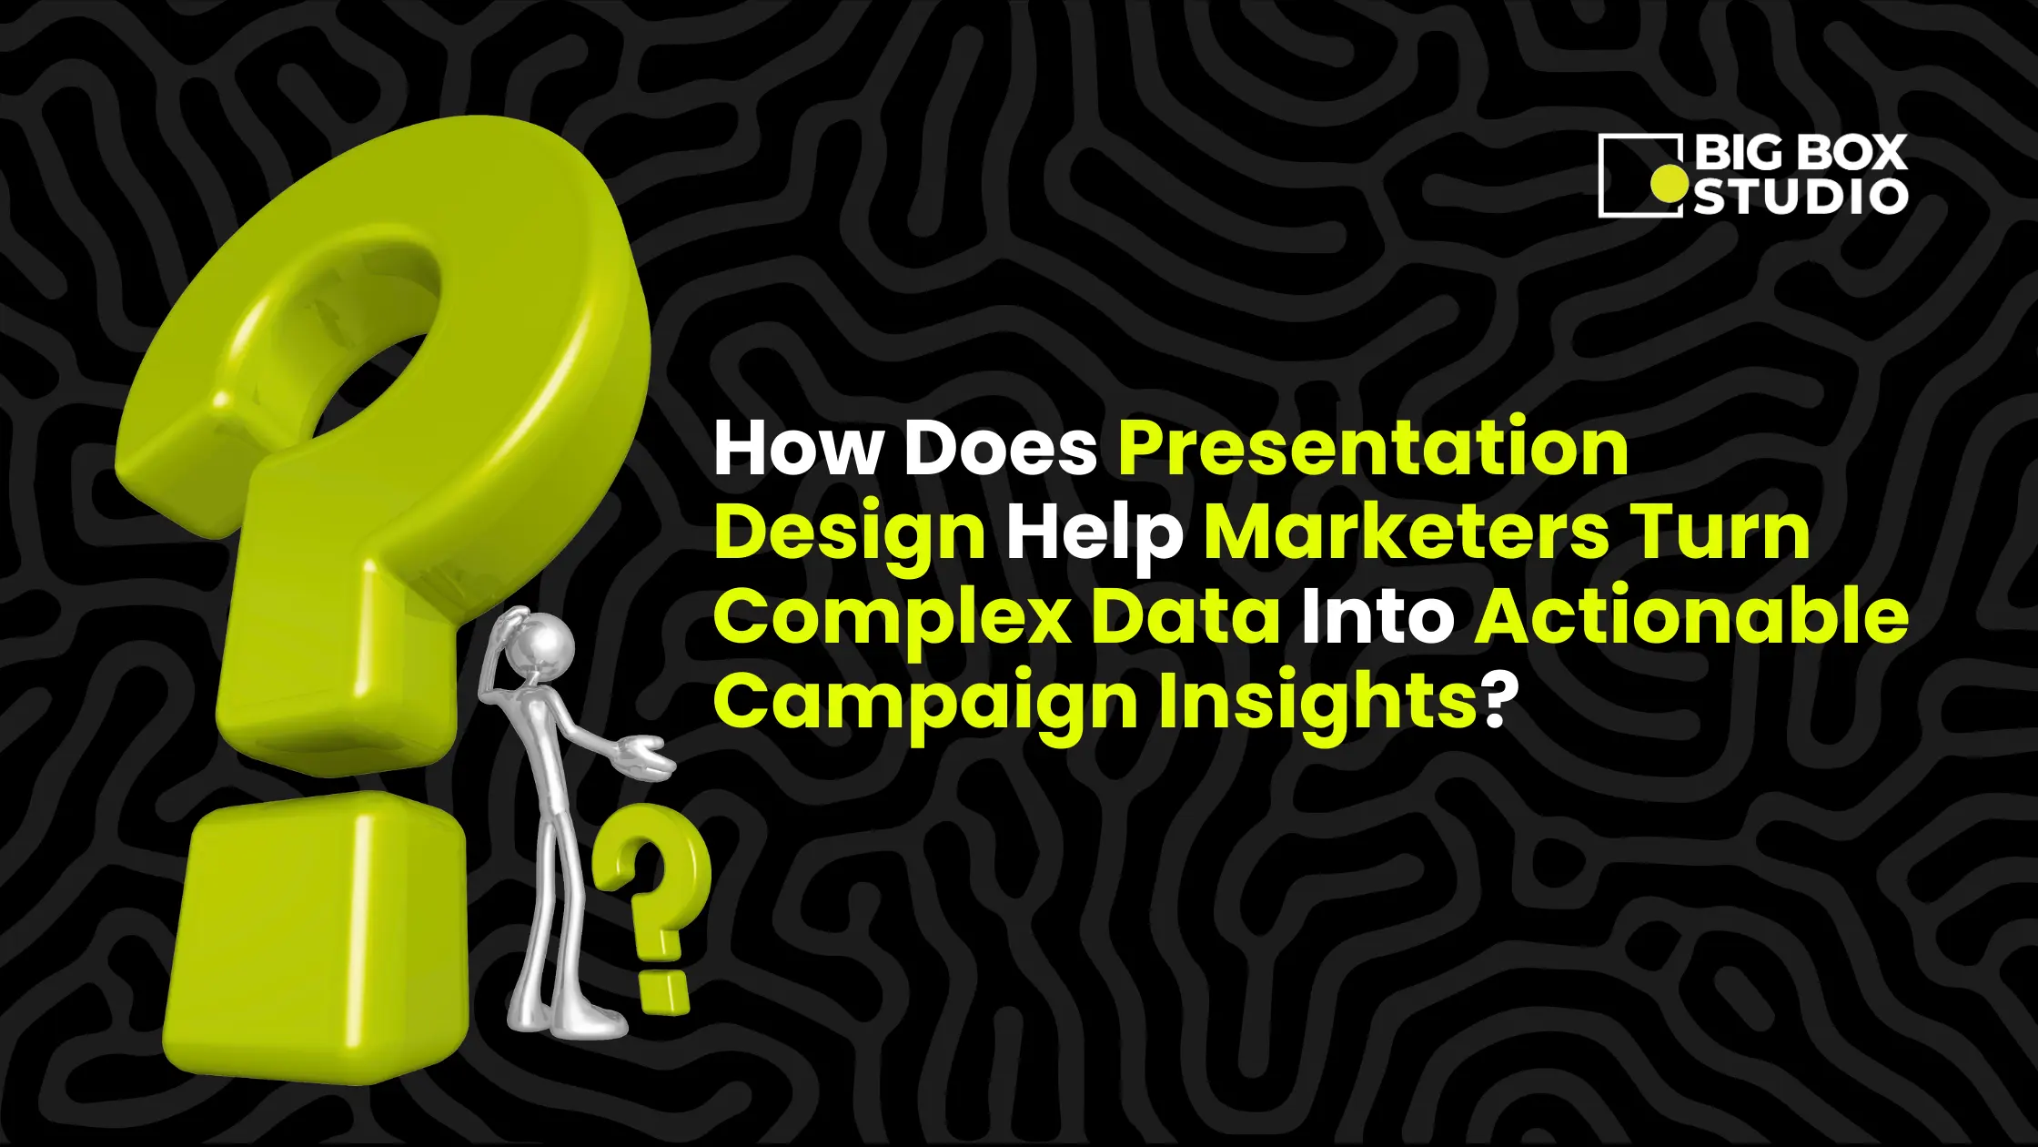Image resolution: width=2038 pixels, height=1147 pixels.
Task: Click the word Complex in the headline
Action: (892, 619)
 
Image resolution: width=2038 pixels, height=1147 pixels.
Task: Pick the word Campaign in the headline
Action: (926, 703)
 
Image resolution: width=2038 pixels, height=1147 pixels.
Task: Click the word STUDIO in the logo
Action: (1800, 198)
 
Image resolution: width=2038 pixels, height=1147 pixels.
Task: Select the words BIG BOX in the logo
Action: (1800, 153)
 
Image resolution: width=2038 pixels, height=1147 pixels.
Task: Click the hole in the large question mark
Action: (373, 382)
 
